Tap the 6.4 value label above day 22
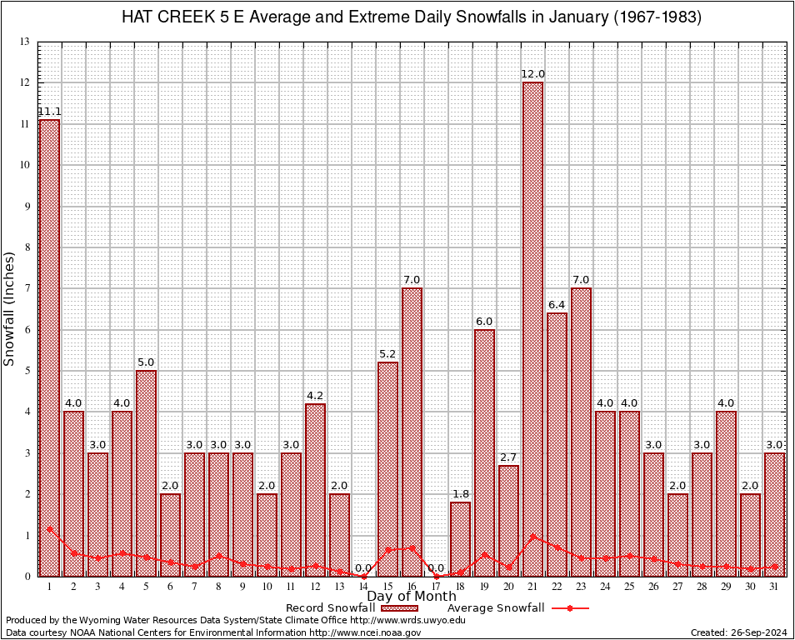557,305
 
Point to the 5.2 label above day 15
387,354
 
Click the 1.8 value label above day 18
460,494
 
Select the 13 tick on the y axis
25,42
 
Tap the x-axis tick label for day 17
436,587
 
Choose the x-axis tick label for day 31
774,587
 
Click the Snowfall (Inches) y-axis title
10,308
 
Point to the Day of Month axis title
412,597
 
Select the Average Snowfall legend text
496,608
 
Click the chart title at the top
412,17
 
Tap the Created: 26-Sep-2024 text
738,632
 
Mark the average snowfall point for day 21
532,537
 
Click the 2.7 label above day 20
508,457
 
